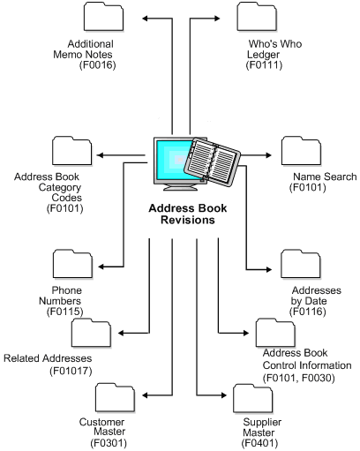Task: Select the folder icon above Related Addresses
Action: [x=92, y=334]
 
